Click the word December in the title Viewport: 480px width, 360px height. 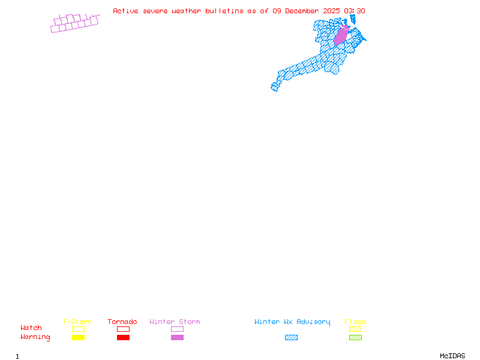click(302, 11)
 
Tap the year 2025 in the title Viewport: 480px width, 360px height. click(331, 11)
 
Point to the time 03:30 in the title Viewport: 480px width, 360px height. click(355, 11)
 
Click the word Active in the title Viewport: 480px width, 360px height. click(125, 11)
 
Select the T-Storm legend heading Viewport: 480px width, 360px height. click(77, 322)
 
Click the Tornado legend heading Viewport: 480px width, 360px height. click(122, 322)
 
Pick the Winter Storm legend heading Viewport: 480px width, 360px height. click(175, 322)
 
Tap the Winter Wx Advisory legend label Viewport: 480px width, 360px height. click(292, 322)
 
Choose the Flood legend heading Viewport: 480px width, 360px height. click(355, 322)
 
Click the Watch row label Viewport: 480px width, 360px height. click(31, 328)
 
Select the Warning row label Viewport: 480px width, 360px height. click(35, 337)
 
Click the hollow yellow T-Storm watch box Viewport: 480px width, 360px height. click(79, 329)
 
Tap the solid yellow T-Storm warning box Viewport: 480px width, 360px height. click(79, 337)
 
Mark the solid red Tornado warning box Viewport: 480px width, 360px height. click(124, 337)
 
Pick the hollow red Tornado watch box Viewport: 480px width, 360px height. click(124, 329)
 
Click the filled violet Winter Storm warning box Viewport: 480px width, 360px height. click(177, 337)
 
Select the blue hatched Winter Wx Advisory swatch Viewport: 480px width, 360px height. click(291, 337)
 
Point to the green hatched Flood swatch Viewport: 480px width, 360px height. click(355, 337)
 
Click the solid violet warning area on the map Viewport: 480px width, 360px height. click(341, 36)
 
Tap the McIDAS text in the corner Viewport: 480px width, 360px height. click(452, 356)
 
